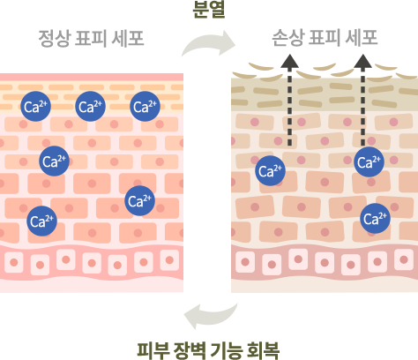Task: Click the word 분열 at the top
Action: pos(209,10)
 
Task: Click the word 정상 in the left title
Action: pos(55,39)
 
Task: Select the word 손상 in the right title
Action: pos(287,38)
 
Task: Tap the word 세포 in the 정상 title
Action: pos(128,39)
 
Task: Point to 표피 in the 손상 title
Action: pos(324,38)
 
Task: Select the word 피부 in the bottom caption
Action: pos(153,350)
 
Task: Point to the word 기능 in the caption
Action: pos(227,350)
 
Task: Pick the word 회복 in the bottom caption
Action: pos(263,350)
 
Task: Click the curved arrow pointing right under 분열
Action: pos(207,42)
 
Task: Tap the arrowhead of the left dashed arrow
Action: pos(289,61)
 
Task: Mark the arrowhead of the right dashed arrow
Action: pos(362,61)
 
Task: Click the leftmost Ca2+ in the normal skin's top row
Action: pos(36,106)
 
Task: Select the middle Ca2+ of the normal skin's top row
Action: pos(90,106)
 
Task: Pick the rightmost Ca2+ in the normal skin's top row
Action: pos(145,106)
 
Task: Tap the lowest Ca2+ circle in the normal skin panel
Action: pos(41,221)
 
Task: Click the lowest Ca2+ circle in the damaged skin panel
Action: pos(376,218)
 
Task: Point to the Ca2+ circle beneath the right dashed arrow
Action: pos(369,161)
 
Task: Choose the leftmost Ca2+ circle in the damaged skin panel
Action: pos(270,170)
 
